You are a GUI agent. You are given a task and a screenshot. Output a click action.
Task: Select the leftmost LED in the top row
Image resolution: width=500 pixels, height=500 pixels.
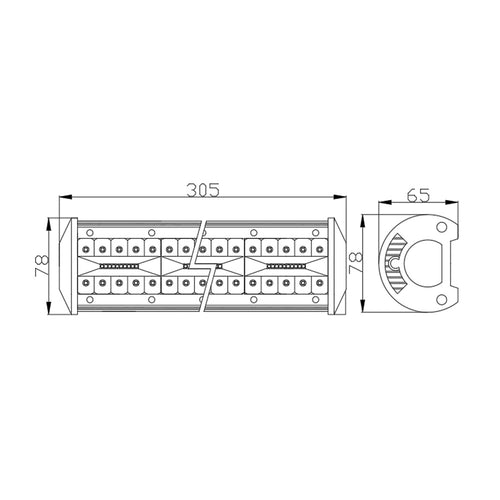click(88, 247)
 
